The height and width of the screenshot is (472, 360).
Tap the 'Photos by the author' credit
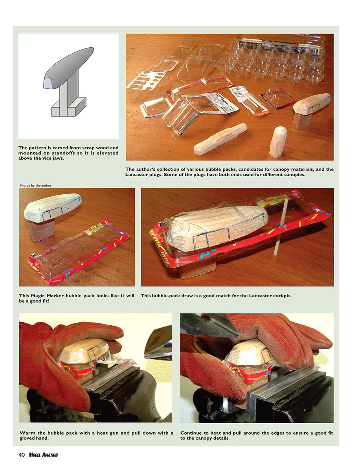[x=35, y=185]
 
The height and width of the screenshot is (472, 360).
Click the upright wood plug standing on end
[x=278, y=142]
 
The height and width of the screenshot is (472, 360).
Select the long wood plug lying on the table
[x=220, y=139]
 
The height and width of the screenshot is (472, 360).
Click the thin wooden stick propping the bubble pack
[x=280, y=227]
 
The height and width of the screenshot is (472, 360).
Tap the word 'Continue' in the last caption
[x=191, y=433]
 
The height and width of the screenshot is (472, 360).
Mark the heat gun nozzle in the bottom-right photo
[x=209, y=325]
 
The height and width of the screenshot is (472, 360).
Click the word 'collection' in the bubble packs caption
[x=167, y=169]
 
